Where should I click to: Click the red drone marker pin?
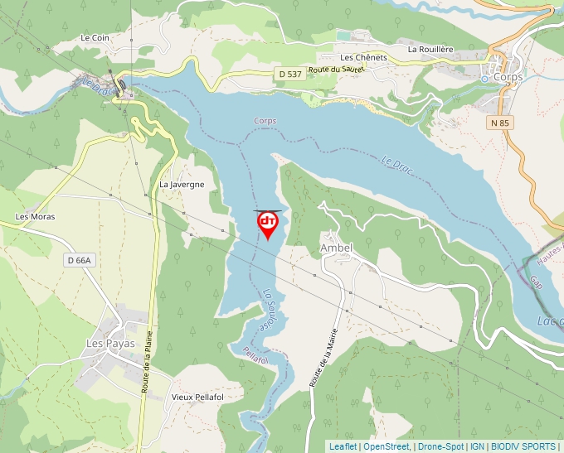point(267,224)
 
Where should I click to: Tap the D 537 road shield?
point(289,75)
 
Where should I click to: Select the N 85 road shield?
point(498,122)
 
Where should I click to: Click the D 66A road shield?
point(80,260)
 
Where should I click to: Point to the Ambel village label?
point(336,248)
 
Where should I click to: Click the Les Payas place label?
point(110,343)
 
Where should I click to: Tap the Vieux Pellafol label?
point(197,397)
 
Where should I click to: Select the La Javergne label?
point(182,185)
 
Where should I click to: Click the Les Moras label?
point(35,217)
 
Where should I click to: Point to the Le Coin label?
point(95,38)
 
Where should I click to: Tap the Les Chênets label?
point(363,57)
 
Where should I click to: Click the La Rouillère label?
point(430,49)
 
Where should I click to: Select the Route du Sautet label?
point(336,70)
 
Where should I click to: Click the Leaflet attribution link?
point(343,446)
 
